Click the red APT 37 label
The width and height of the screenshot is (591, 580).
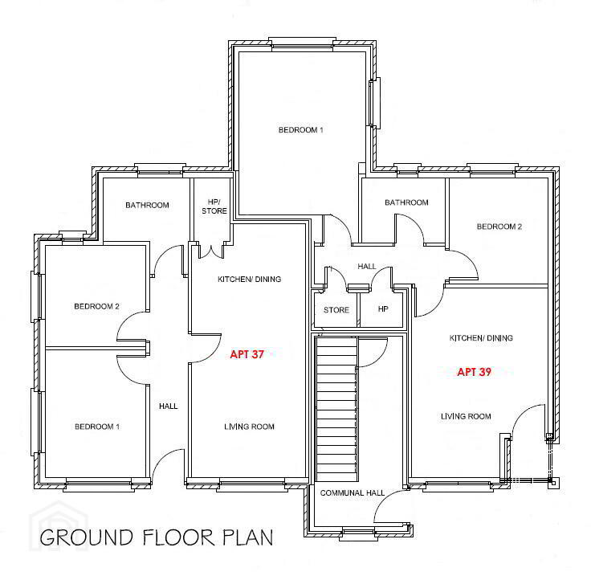[247, 354]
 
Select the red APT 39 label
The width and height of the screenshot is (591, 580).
[474, 372]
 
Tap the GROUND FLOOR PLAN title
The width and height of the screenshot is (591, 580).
[157, 537]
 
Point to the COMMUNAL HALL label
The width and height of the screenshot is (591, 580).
[352, 493]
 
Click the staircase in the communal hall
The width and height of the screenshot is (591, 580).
[336, 409]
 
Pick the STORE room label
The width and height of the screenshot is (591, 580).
[336, 310]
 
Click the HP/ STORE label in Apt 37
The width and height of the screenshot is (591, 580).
[214, 206]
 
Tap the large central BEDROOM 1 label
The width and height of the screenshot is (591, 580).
[301, 130]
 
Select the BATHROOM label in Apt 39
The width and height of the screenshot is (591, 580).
[406, 202]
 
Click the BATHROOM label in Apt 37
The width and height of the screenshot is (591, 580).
[147, 205]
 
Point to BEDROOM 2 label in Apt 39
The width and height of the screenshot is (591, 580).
[499, 227]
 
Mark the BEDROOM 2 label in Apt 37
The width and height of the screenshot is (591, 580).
[96, 306]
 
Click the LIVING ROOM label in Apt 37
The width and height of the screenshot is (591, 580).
[249, 427]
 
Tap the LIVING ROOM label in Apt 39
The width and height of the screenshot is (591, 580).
[466, 416]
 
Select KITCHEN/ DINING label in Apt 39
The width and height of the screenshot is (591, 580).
[481, 338]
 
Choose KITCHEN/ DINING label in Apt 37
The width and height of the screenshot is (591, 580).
[249, 279]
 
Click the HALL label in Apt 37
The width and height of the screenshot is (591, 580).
[168, 406]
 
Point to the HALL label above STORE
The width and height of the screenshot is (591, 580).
[367, 266]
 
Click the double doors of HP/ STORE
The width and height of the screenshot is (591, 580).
[211, 252]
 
